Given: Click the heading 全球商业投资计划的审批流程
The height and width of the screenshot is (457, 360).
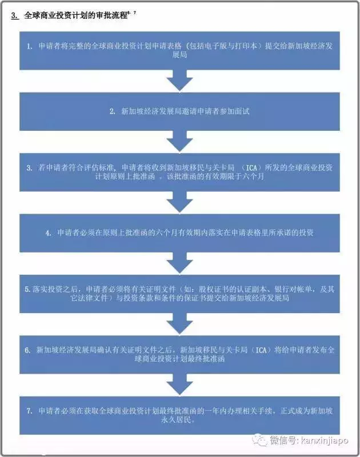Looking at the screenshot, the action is tap(76, 16).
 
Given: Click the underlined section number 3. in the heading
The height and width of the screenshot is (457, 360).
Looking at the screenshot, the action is tap(15, 16).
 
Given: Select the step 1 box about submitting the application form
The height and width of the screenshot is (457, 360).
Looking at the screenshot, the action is tap(179, 51).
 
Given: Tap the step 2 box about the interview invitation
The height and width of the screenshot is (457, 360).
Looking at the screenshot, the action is tap(179, 111).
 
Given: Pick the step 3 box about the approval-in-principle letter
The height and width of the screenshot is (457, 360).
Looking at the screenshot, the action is tap(179, 173).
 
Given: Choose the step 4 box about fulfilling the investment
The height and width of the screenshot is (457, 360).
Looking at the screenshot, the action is tap(179, 233).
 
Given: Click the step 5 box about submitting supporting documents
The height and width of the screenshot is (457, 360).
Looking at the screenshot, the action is tap(179, 294).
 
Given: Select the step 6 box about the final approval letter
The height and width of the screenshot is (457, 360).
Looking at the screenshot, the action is tap(179, 354).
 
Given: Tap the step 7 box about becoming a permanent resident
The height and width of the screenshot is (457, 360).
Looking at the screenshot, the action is tap(179, 415).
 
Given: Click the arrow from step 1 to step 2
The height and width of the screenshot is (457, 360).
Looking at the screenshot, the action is tap(179, 81).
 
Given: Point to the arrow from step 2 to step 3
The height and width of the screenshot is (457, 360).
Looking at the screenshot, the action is tap(179, 141).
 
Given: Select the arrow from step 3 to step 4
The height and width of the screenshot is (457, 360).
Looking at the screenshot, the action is tap(179, 202).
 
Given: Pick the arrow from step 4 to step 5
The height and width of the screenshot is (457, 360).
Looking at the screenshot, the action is tap(179, 263).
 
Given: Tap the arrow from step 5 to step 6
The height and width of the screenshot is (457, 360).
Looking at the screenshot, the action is tap(179, 324).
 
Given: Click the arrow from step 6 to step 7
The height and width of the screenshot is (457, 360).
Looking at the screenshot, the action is tap(179, 384).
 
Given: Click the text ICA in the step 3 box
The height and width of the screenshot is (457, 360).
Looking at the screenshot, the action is tap(251, 168).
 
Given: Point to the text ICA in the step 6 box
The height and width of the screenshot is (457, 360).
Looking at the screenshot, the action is tap(261, 350).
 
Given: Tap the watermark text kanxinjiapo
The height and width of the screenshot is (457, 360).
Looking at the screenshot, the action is tap(323, 440).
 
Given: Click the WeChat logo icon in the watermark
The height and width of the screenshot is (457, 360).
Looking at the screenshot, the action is tap(260, 440).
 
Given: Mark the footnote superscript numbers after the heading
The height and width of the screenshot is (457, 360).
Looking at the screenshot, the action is tap(131, 13).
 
